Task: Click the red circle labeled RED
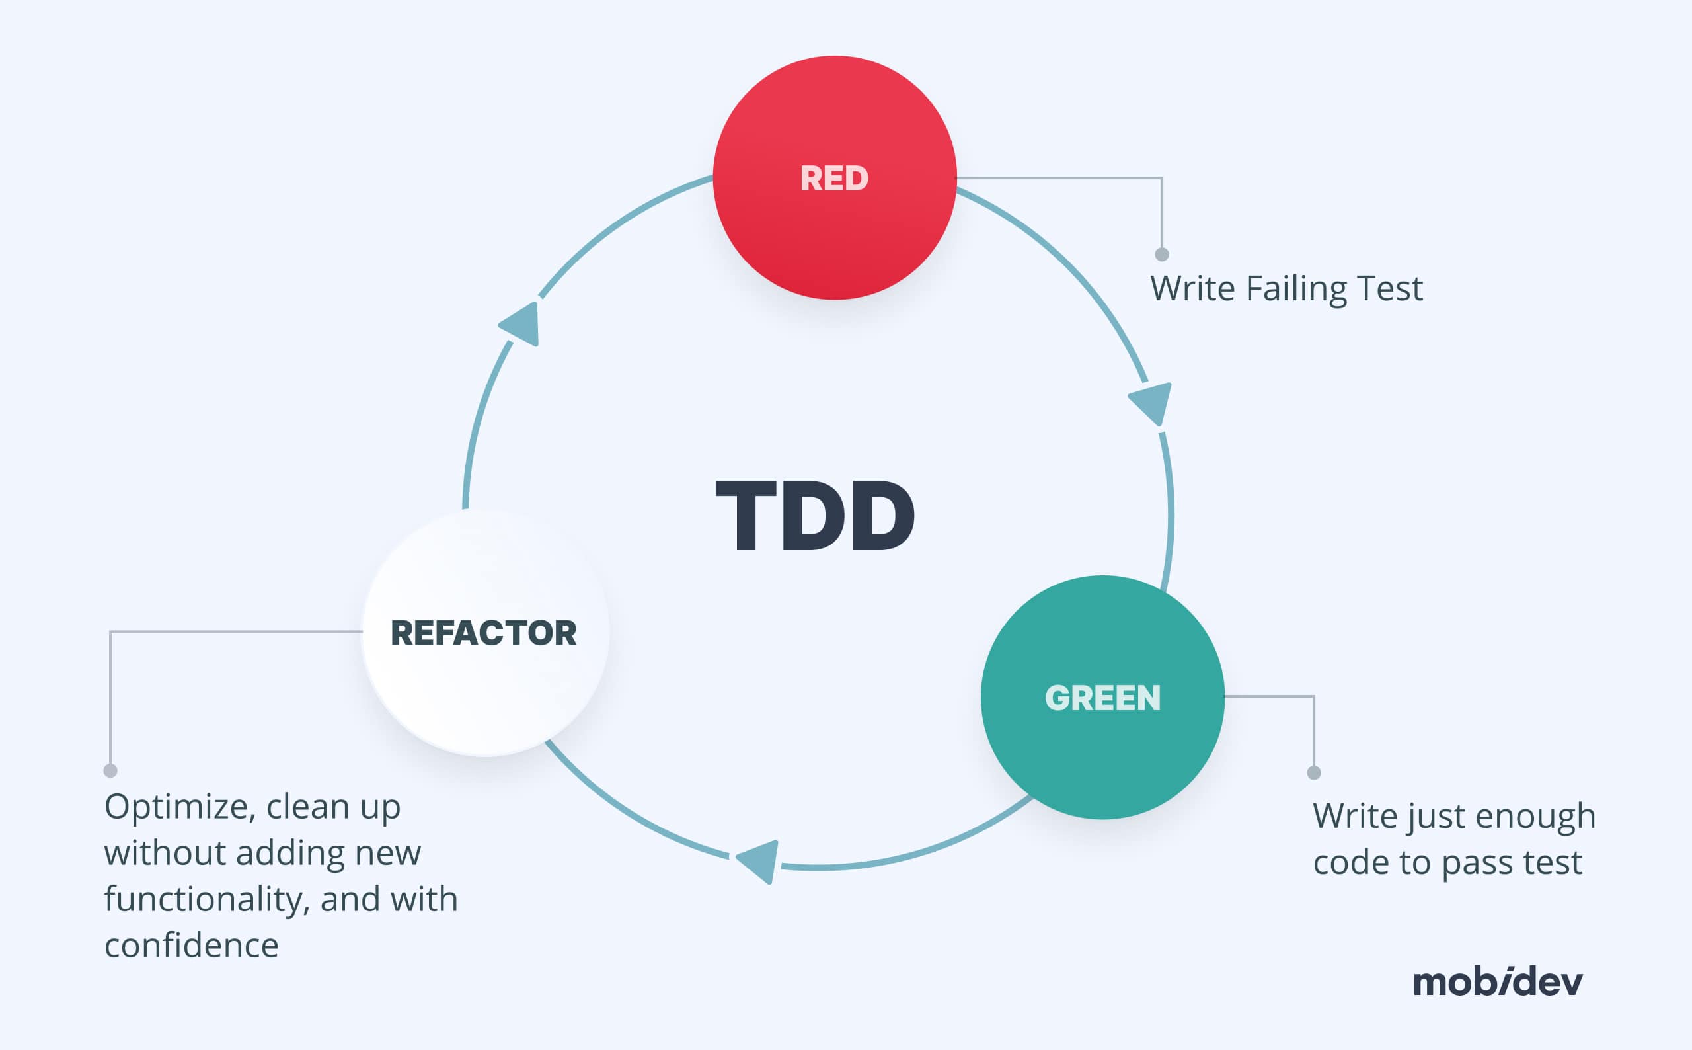point(834,178)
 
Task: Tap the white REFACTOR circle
point(484,633)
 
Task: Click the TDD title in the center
point(816,516)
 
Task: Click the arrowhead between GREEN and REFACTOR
point(759,861)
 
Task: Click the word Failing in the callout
point(1295,289)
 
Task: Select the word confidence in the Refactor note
point(192,945)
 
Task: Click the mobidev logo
point(1498,982)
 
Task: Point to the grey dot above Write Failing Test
point(1162,254)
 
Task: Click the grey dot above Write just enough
point(1314,773)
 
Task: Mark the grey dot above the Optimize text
point(110,771)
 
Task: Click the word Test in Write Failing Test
point(1389,289)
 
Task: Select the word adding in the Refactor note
point(290,854)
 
